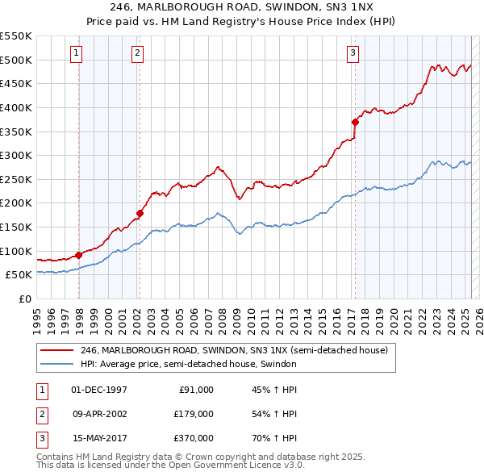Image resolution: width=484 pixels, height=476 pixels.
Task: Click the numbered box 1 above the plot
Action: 76,53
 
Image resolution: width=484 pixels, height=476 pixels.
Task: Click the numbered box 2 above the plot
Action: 138,53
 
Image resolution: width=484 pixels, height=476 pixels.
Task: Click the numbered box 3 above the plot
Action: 353,53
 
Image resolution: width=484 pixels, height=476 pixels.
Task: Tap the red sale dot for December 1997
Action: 79,255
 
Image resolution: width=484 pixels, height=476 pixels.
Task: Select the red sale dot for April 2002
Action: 140,213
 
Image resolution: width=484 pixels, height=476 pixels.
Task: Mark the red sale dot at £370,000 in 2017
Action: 355,122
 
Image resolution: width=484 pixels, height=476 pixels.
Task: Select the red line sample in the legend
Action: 57,351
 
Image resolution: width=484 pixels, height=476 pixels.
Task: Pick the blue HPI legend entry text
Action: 189,364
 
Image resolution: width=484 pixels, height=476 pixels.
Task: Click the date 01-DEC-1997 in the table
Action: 99,390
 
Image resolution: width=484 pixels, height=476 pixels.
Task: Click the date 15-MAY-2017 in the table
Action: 100,438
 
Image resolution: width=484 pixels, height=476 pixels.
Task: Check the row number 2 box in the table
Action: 41,414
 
